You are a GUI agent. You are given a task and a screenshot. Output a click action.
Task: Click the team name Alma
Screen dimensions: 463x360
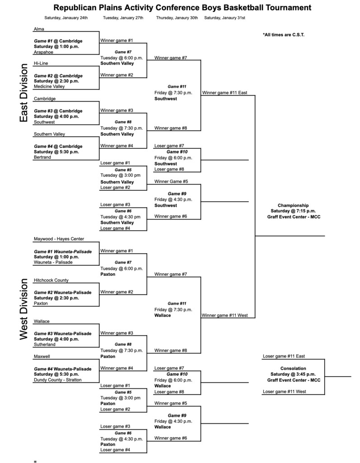pyautogui.click(x=38, y=29)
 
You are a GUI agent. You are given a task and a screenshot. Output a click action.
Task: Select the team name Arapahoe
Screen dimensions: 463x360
pyautogui.click(x=43, y=52)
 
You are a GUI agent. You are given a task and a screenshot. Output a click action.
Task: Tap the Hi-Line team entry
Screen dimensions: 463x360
pyautogui.click(x=41, y=64)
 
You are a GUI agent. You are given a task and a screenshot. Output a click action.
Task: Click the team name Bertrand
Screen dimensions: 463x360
pyautogui.click(x=42, y=157)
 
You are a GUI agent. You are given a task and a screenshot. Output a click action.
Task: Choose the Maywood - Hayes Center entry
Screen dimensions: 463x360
pyautogui.click(x=59, y=239)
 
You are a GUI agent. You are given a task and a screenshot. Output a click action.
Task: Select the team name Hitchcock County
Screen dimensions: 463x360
pyautogui.click(x=51, y=280)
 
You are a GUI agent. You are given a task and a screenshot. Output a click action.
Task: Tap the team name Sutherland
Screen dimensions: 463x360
pyautogui.click(x=45, y=345)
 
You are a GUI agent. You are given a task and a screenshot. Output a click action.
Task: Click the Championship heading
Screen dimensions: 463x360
pyautogui.click(x=293, y=205)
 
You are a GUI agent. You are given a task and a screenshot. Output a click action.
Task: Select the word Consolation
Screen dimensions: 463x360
pyautogui.click(x=293, y=368)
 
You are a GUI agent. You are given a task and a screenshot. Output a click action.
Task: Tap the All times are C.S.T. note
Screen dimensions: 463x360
pyautogui.click(x=283, y=34)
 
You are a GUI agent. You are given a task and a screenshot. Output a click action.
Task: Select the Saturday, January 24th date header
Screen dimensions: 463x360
pyautogui.click(x=65, y=18)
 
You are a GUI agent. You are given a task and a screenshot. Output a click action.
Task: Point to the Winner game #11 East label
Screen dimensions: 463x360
pyautogui.click(x=224, y=93)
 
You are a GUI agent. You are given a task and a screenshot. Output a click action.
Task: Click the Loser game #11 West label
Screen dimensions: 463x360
pyautogui.click(x=285, y=392)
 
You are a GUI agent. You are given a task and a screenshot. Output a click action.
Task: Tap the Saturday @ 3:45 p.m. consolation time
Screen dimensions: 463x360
pyautogui.click(x=293, y=374)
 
